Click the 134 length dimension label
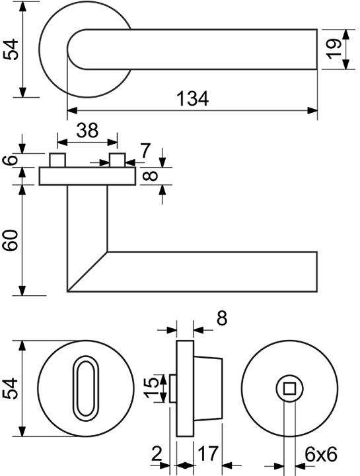click(193, 98)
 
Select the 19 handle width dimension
click(334, 49)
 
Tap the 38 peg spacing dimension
click(87, 130)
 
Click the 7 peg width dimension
click(145, 151)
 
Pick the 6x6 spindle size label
click(321, 455)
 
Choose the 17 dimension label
click(208, 454)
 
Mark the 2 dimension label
click(157, 454)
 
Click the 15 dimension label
click(151, 387)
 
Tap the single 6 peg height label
click(11, 160)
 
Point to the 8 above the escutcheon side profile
click(222, 318)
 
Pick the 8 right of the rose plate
click(151, 176)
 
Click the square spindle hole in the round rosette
click(289, 388)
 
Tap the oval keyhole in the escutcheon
click(86, 386)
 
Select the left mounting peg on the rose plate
click(57, 160)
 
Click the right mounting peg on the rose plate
click(118, 160)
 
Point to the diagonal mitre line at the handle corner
click(87, 271)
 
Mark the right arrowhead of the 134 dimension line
click(312, 110)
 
